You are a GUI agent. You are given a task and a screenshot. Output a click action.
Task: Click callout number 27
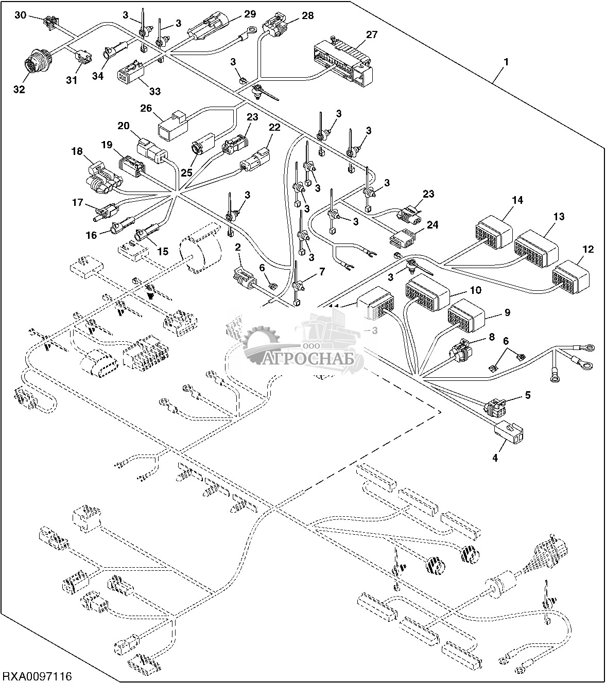point(372,35)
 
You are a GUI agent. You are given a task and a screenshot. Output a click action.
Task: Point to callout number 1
point(506,62)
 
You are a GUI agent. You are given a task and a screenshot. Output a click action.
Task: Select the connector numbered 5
point(495,407)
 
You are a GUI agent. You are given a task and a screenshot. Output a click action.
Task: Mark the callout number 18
point(77,151)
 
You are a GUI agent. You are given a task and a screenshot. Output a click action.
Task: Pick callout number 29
point(249,13)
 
